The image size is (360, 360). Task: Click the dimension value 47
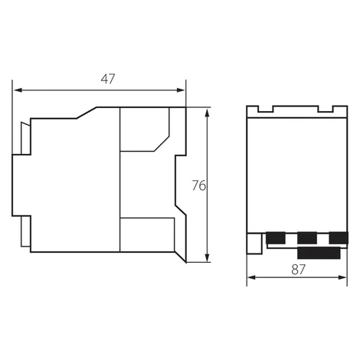pyautogui.click(x=108, y=79)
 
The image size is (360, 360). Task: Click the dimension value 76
pyautogui.click(x=199, y=185)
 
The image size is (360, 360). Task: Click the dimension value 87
pyautogui.click(x=298, y=270)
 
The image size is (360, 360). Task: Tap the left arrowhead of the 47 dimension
pyautogui.click(x=18, y=90)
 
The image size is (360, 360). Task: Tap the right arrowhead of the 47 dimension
pyautogui.click(x=181, y=90)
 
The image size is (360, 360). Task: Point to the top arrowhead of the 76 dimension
pyautogui.click(x=207, y=113)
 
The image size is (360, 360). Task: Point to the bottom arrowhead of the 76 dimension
pyautogui.click(x=207, y=257)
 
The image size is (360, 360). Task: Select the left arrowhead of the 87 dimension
pyautogui.click(x=251, y=277)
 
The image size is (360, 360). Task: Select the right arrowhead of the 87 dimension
pyautogui.click(x=342, y=277)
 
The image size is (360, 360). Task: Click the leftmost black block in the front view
pyautogui.click(x=276, y=238)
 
